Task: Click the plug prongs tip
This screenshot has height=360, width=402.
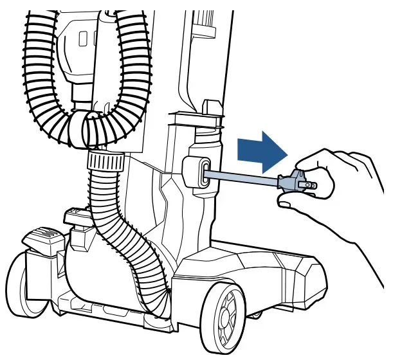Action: coord(313,184)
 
